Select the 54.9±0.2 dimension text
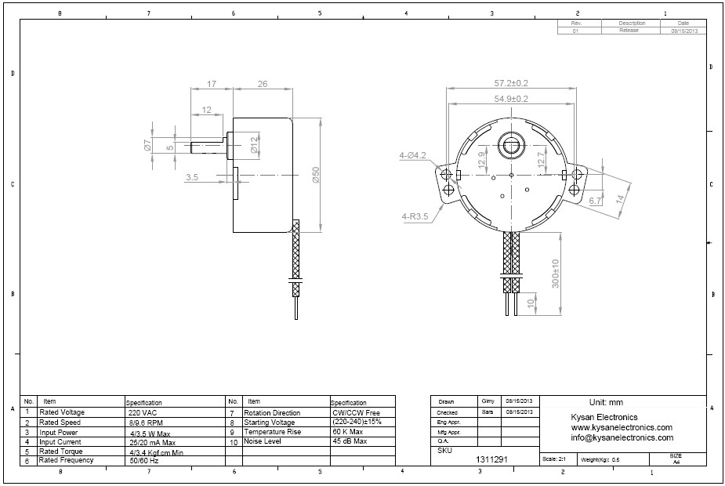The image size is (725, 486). click(510, 99)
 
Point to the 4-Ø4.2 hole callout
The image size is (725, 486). click(412, 155)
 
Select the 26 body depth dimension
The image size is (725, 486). click(262, 84)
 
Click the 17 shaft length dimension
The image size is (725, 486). click(211, 84)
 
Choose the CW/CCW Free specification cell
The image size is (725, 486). click(356, 412)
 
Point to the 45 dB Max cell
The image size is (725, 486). click(350, 441)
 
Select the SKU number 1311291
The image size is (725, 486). click(490, 459)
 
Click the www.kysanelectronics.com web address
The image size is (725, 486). click(622, 427)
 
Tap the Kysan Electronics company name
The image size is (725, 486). click(604, 417)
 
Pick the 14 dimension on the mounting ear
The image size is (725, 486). click(621, 198)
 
